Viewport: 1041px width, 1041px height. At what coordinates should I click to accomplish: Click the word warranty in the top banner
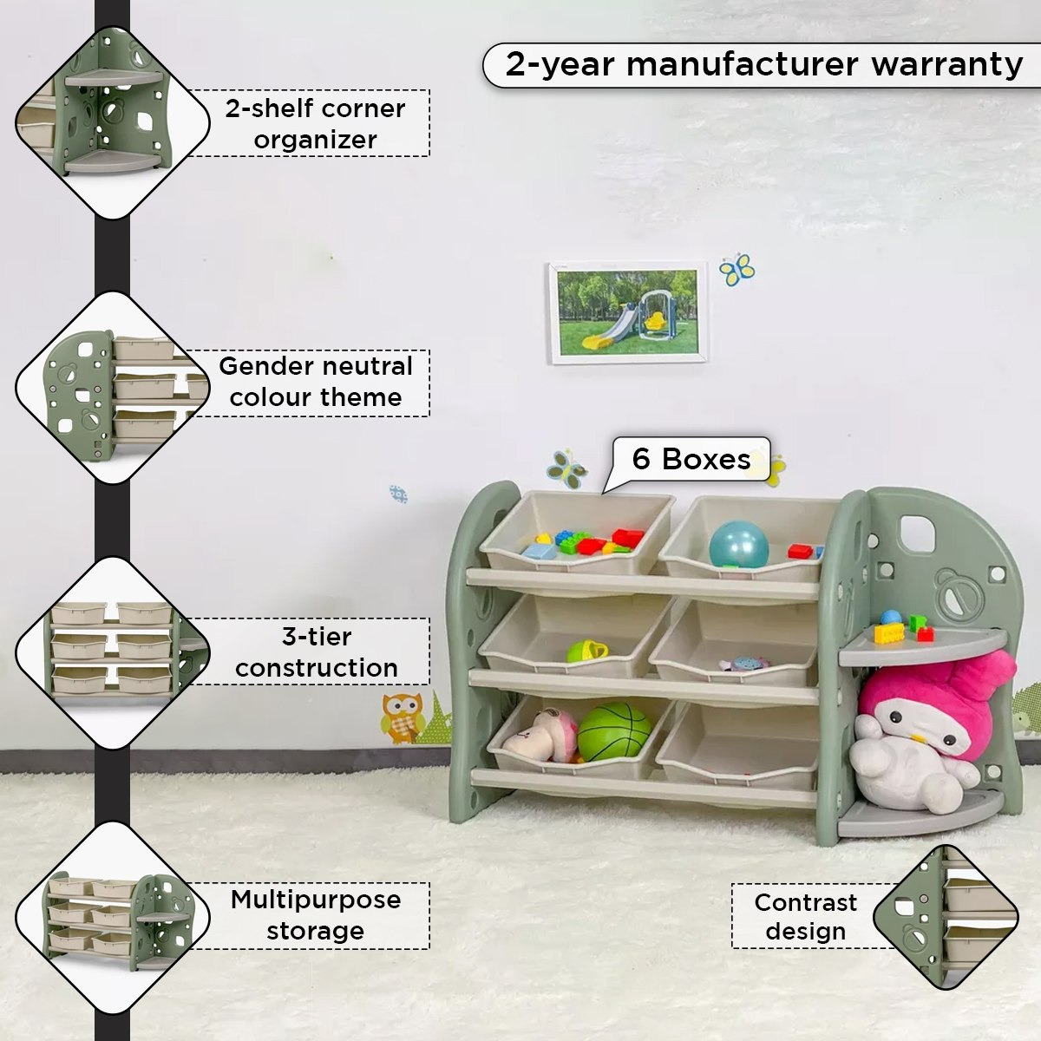[x=947, y=65]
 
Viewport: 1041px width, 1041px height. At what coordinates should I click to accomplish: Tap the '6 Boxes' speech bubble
[x=691, y=459]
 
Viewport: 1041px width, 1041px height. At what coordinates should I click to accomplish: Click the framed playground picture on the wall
[x=628, y=313]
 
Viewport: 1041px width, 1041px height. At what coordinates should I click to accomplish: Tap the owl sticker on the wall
[x=402, y=717]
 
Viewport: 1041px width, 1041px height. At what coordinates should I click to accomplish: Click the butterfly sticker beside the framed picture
[x=737, y=270]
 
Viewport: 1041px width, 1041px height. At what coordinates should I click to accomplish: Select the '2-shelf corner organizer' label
[x=315, y=124]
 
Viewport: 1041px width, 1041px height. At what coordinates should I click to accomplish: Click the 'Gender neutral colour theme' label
[x=316, y=383]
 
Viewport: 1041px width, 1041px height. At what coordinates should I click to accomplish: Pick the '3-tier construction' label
[x=316, y=651]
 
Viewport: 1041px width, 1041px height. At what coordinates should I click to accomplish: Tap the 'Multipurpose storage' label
[x=316, y=916]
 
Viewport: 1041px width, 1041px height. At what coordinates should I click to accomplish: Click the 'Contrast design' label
[x=805, y=917]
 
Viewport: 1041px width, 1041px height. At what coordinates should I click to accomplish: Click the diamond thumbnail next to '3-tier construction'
[x=113, y=652]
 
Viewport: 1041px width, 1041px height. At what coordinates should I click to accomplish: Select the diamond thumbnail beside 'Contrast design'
[x=946, y=917]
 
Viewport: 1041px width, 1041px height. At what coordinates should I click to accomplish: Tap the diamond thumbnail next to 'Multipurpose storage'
[x=113, y=917]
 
